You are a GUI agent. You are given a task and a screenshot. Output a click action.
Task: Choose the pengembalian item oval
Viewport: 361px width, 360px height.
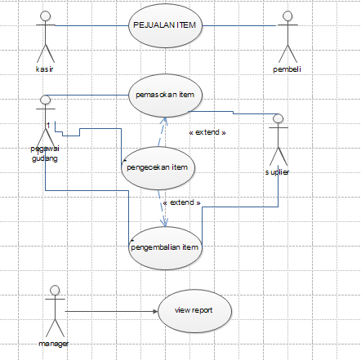pyautogui.click(x=165, y=244)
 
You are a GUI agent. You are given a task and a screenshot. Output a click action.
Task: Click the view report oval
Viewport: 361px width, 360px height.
pyautogui.click(x=194, y=310)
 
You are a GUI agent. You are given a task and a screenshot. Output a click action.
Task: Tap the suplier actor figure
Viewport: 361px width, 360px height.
pyautogui.click(x=278, y=143)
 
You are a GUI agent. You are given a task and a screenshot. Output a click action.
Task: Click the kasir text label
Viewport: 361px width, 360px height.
pyautogui.click(x=45, y=68)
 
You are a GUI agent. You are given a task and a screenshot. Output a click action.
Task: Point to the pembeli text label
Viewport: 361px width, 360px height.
pyautogui.click(x=287, y=69)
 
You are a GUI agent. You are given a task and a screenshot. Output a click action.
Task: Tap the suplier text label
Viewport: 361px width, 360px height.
pyautogui.click(x=277, y=172)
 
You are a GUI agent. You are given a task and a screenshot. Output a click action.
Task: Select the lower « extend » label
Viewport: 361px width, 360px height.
pyautogui.click(x=181, y=202)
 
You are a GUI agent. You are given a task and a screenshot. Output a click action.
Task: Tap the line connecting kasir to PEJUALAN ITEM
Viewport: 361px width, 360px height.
pyautogui.click(x=90, y=25)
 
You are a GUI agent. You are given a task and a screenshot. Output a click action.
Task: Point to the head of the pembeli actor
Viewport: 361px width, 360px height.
pyautogui.click(x=287, y=15)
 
